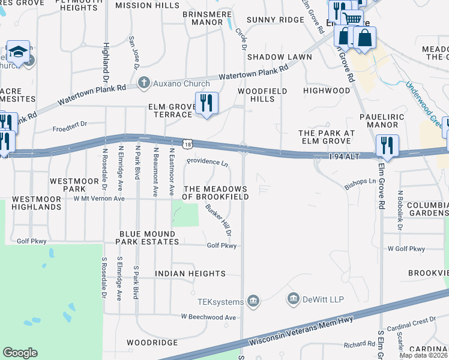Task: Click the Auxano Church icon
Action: pos(143,83)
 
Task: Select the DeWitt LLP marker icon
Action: pos(294,298)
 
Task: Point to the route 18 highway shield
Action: pos(188,145)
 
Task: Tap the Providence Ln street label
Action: pos(207,162)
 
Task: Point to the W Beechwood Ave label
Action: pos(209,316)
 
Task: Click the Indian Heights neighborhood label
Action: pos(190,274)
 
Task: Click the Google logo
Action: pos(20,353)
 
